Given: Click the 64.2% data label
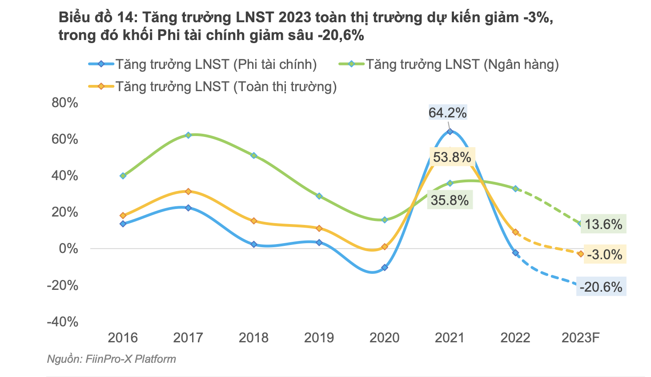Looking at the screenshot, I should coord(447,112).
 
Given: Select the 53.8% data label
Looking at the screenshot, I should coord(452,157).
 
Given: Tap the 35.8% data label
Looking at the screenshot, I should coord(450,201).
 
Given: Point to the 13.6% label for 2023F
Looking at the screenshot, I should coord(603,224).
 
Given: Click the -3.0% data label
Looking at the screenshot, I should coord(604,254).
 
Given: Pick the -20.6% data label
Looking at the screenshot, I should coord(601,287).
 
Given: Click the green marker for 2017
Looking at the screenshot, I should coord(188,135).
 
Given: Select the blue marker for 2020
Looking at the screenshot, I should coord(385,268).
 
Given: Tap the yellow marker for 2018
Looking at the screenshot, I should coord(253,221).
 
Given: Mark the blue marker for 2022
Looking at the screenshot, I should coord(515,253).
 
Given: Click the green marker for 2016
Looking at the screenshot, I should coord(123,176).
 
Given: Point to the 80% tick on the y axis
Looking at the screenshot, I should coord(65,103).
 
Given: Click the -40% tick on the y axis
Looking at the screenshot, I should coord(63,321).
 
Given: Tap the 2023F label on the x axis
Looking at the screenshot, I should coord(580,338).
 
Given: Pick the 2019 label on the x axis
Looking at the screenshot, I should coord(319,338).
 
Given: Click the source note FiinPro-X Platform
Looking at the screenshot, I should coord(111,359).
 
